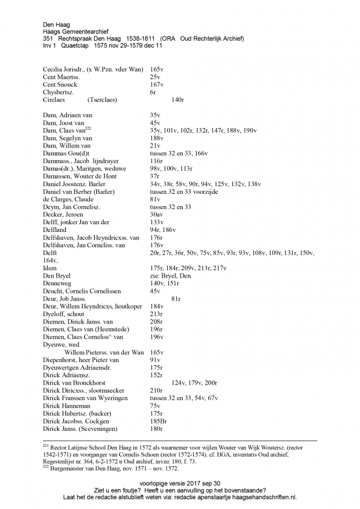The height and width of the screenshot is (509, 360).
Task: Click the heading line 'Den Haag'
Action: tap(56, 24)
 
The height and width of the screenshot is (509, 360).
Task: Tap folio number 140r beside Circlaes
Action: tap(178, 100)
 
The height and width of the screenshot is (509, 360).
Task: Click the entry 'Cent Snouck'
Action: tap(60, 84)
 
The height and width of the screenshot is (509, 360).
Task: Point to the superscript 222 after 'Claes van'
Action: tap(88, 129)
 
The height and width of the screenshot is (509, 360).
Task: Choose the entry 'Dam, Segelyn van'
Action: tap(67, 138)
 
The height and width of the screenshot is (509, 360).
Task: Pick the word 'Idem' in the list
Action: tap(50, 268)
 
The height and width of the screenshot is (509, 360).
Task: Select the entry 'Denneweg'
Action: tap(57, 283)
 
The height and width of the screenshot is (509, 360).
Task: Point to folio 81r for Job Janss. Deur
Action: tap(176, 299)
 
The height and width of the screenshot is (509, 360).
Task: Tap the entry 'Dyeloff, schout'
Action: tap(64, 314)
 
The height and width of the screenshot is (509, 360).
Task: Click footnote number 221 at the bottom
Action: tap(46, 446)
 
